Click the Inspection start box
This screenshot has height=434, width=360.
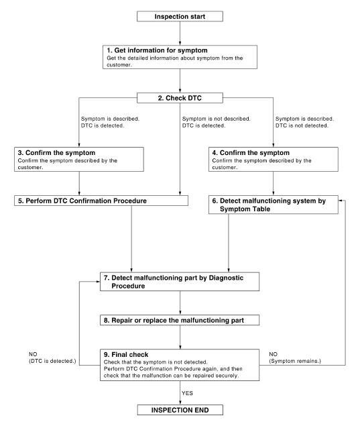180,16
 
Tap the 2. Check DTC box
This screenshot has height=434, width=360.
180,99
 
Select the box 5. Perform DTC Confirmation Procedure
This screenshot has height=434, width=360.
80,201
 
